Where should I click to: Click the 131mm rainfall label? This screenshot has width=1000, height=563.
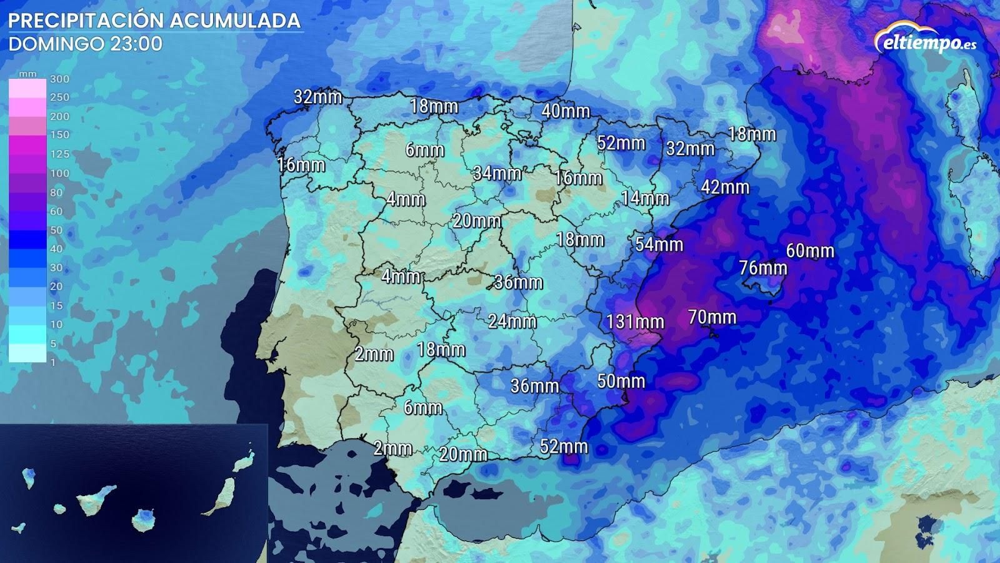[635, 322]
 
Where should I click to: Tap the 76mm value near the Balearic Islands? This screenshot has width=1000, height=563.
[762, 268]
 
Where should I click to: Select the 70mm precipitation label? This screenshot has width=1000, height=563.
[712, 317]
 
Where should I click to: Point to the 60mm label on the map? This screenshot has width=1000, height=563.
[810, 251]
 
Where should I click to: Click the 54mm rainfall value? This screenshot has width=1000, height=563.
[659, 244]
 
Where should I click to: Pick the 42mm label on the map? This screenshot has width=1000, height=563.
[725, 187]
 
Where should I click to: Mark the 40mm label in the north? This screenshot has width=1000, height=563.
[566, 111]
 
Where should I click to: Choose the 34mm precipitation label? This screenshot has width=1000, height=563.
[497, 173]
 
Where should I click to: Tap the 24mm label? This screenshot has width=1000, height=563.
[512, 322]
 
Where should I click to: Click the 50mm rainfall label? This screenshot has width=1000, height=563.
[621, 380]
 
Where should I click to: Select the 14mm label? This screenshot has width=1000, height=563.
[645, 199]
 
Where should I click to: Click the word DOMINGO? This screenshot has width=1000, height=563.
[47, 44]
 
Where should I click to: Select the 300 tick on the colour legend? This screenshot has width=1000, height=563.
[59, 79]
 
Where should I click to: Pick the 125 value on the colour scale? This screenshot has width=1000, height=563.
[59, 154]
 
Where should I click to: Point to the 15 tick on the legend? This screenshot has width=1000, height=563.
[56, 305]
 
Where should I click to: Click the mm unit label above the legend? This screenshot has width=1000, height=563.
[27, 74]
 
